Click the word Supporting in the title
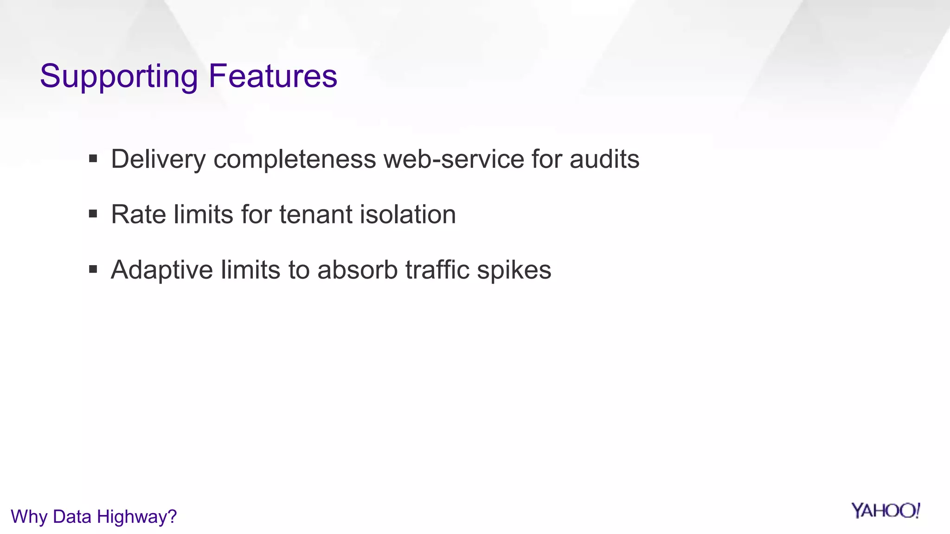[x=119, y=76]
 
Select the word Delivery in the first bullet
[x=158, y=160]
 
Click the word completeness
[x=295, y=160]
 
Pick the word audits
[x=604, y=159]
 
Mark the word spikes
[x=514, y=270]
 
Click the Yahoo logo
[x=885, y=511]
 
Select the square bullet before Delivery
[x=93, y=159]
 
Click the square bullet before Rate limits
[x=93, y=214]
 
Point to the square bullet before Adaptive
[x=93, y=269]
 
